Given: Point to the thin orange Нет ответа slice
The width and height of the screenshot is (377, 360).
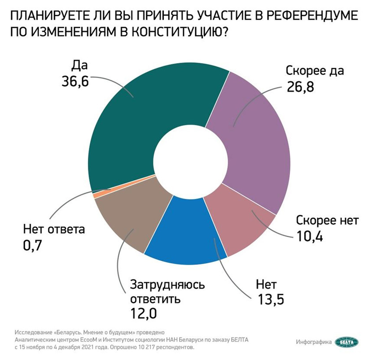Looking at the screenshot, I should pyautogui.click(x=96, y=194).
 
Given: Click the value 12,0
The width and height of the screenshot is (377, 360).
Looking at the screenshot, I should pyautogui.click(x=143, y=313).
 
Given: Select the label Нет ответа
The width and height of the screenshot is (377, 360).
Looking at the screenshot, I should pyautogui.click(x=53, y=230).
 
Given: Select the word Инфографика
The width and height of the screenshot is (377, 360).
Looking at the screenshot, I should pyautogui.click(x=314, y=343).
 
